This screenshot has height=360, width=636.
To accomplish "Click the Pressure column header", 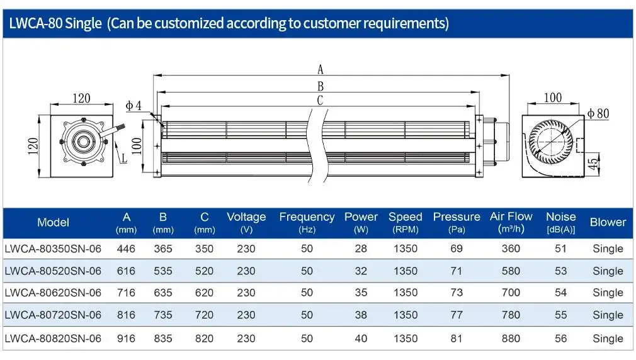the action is [x=457, y=222].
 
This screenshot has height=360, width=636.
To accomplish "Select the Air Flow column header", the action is [x=511, y=222].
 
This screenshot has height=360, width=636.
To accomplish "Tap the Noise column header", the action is [x=560, y=222].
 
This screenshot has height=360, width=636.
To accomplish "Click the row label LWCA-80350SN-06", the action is [x=53, y=249].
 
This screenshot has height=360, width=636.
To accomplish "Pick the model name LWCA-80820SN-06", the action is [x=53, y=339].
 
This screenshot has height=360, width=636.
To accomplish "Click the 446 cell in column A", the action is [x=126, y=249].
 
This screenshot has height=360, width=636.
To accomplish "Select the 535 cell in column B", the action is [x=163, y=271].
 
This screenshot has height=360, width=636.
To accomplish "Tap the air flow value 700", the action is [x=511, y=293].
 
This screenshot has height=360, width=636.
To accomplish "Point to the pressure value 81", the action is [x=457, y=339].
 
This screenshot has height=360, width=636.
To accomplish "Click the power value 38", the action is [x=361, y=315].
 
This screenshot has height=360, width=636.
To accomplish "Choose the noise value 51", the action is [x=560, y=249].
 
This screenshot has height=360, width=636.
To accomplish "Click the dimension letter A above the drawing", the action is [x=321, y=70].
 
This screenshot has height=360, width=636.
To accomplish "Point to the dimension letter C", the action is [x=320, y=100].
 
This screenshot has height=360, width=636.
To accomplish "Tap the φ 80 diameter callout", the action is [x=598, y=113].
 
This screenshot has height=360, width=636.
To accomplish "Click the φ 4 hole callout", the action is [x=133, y=106].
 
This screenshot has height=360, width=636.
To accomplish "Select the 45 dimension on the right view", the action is [x=593, y=164].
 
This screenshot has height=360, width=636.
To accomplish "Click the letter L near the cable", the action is [x=124, y=158].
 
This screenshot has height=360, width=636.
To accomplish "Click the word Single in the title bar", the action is [x=83, y=23].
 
